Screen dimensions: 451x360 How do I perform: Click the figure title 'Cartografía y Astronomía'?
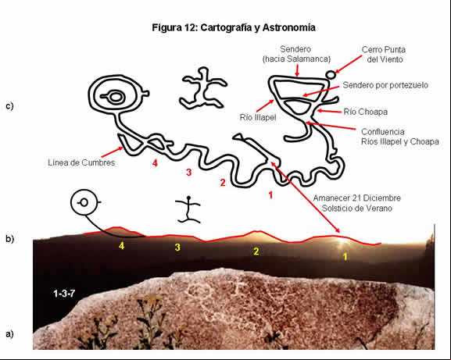tap(258, 27)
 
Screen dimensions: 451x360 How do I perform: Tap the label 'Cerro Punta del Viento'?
tap(384, 55)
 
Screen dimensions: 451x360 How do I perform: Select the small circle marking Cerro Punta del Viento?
tap(331, 75)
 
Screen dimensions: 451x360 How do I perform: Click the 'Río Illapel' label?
tap(258, 117)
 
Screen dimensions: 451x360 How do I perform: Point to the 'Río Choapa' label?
tap(365, 112)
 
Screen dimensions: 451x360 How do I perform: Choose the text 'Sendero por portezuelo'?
tap(385, 85)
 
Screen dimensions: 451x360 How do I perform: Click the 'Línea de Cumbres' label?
tap(81, 162)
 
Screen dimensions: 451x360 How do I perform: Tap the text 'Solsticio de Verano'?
tap(357, 208)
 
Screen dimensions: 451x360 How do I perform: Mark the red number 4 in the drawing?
tap(155, 163)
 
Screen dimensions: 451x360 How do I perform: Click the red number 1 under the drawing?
tap(270, 195)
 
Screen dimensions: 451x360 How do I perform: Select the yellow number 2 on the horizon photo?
tap(256, 251)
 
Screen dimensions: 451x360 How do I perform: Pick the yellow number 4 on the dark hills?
tap(122, 246)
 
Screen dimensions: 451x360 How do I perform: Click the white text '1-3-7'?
tap(64, 294)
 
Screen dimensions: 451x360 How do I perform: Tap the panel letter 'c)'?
tap(9, 106)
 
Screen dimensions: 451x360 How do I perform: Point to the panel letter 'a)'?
tap(9, 334)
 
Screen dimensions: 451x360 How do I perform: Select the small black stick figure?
tap(188, 209)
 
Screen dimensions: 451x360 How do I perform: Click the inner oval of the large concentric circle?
tap(116, 97)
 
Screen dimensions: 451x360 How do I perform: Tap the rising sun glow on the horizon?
tap(341, 241)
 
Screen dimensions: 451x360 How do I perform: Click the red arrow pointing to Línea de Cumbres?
tap(112, 152)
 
